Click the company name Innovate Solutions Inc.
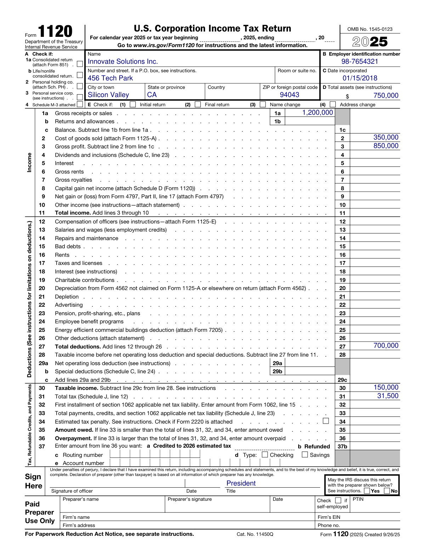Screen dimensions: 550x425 click(123, 62)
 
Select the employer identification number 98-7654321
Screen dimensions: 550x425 click(359, 62)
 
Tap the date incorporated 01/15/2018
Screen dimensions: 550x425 click(359, 78)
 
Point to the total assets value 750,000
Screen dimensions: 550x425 click(386, 96)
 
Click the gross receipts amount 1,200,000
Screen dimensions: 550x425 click(317, 113)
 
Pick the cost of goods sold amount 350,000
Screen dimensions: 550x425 click(386, 137)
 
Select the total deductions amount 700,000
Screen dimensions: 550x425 click(386, 346)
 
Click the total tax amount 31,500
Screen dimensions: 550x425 click(387, 396)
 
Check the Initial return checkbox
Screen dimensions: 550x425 click(133, 104)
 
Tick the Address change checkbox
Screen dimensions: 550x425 click(333, 104)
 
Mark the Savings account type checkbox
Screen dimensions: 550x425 click(305, 455)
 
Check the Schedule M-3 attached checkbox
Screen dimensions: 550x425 click(80, 104)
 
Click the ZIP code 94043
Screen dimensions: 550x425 click(289, 95)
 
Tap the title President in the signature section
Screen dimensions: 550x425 click(241, 483)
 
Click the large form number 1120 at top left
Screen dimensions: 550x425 click(55, 32)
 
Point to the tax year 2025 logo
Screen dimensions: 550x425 click(370, 42)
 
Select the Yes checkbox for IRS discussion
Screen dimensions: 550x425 click(367, 491)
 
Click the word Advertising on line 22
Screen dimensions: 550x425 click(69, 305)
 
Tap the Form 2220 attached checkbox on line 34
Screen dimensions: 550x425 click(326, 421)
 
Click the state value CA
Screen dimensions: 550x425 click(152, 95)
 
